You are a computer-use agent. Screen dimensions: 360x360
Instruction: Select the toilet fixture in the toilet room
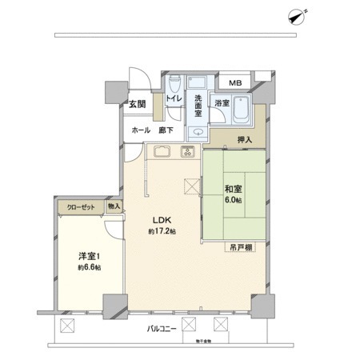pos(174,82)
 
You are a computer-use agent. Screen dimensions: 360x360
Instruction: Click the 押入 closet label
pos(245,140)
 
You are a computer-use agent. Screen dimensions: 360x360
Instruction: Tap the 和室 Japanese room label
pos(234,189)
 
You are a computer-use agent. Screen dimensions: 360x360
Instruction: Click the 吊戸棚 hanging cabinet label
pos(238,247)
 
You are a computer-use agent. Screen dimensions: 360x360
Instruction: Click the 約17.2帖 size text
pos(162,232)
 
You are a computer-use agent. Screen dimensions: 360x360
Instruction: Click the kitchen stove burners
pos(189,152)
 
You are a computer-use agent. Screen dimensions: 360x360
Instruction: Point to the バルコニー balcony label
pos(162,329)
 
